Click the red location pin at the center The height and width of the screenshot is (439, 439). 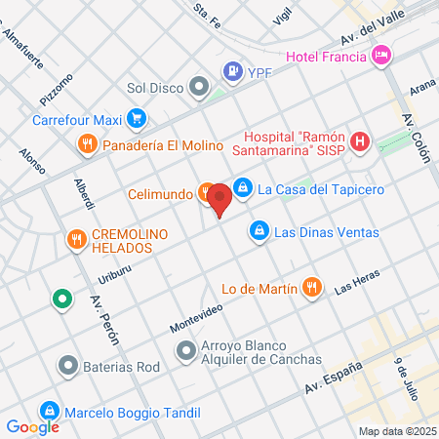coord(219,200)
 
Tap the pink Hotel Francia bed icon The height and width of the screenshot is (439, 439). coord(381,55)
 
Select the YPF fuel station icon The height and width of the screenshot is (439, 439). coord(231,70)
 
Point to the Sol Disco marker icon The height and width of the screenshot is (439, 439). coord(200,88)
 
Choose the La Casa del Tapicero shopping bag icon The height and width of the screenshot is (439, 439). coord(244,189)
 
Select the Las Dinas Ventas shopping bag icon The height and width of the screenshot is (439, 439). coord(259,231)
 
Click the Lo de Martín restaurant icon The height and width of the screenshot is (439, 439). coord(311,287)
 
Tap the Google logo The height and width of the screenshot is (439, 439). coord(32,426)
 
